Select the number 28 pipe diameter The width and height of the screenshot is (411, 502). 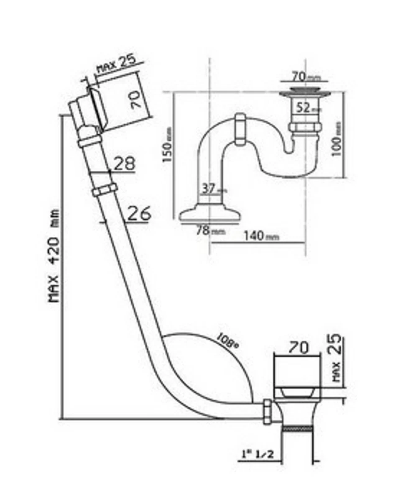pos(124,164)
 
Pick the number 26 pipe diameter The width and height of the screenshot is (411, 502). pos(138,214)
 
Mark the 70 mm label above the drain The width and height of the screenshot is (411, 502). pos(303,77)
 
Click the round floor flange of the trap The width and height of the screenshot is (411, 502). pos(210,215)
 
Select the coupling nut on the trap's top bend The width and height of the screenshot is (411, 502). pos(240,129)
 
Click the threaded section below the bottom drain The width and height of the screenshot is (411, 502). pos(297,428)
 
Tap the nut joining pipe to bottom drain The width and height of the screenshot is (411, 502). pos(268,412)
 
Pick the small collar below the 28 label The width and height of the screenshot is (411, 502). pos(103,190)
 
